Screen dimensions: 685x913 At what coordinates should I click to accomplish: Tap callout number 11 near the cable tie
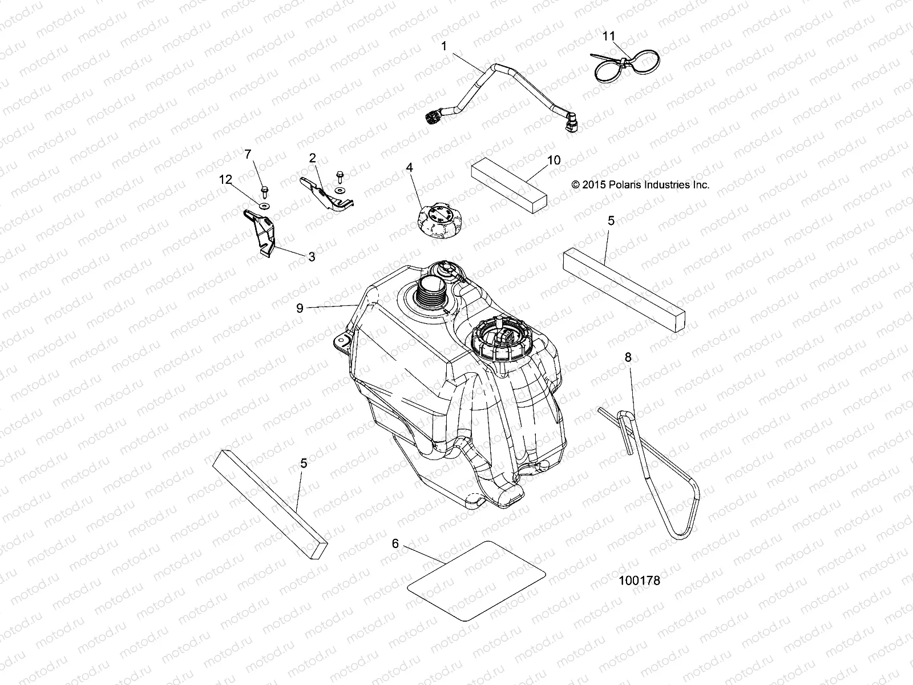[609, 36]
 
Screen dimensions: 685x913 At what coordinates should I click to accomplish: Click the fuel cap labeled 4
[437, 220]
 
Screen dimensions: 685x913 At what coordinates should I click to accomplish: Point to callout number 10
[554, 160]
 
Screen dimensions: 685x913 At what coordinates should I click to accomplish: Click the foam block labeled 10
[508, 186]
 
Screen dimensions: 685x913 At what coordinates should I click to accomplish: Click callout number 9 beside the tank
[300, 308]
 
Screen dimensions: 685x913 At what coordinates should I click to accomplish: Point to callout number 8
[628, 358]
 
